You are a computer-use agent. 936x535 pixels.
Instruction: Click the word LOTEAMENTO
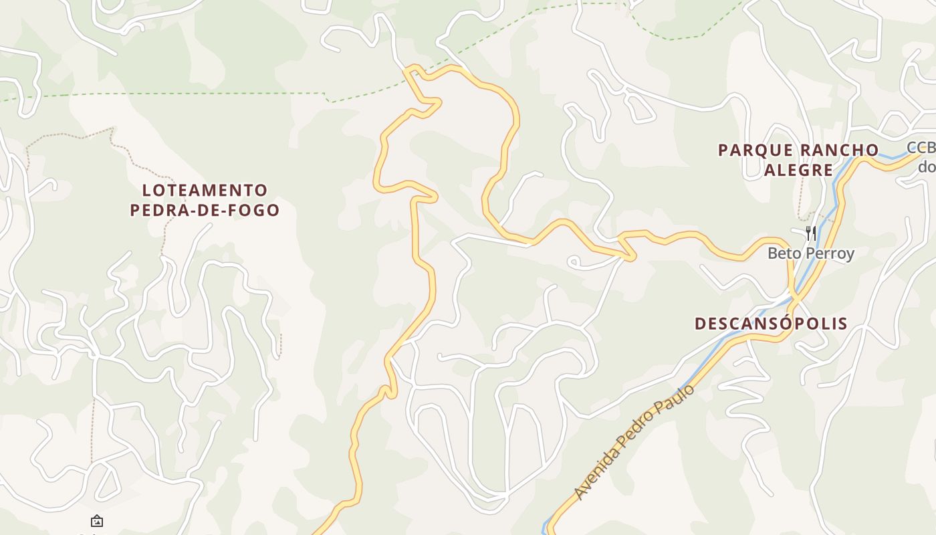click(x=205, y=191)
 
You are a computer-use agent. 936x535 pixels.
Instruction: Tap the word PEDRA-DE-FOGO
click(x=205, y=210)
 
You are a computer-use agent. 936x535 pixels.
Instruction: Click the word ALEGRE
click(x=798, y=170)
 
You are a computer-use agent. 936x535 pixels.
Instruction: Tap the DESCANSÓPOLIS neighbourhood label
click(x=771, y=324)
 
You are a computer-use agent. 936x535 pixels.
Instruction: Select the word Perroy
click(x=831, y=253)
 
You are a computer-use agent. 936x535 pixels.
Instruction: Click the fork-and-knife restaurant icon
click(x=810, y=233)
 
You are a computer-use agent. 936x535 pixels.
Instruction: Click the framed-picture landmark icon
click(x=97, y=520)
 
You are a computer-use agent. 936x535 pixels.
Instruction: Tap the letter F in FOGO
click(x=234, y=210)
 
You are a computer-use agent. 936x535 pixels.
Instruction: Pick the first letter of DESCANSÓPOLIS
click(x=700, y=324)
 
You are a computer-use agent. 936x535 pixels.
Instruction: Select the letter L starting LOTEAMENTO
click(x=146, y=191)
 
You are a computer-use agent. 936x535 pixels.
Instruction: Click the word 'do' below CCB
click(x=927, y=166)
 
